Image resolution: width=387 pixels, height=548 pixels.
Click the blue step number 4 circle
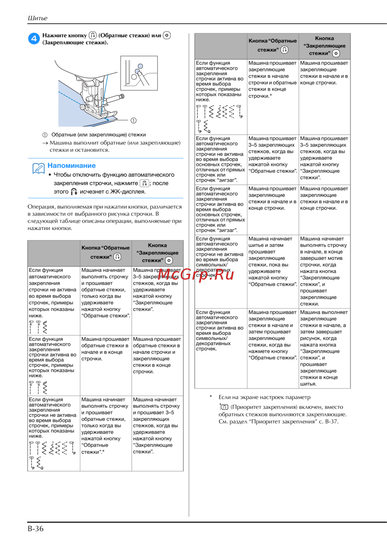tap(34, 38)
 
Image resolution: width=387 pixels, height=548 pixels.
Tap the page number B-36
tap(36, 529)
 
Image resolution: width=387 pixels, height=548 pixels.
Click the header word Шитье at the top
tap(38, 18)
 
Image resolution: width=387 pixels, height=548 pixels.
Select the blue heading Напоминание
tap(72, 165)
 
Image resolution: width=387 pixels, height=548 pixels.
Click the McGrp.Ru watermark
tap(196, 274)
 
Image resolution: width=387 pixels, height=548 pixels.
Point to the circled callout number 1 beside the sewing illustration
tap(134, 120)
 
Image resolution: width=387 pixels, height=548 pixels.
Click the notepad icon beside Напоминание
tap(38, 168)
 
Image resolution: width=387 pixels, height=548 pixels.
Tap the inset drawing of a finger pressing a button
tap(139, 73)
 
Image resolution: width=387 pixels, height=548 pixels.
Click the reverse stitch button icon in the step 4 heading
tap(92, 35)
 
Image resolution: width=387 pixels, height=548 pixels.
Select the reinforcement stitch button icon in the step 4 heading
tap(167, 35)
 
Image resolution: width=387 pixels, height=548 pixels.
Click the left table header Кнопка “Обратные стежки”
tap(105, 252)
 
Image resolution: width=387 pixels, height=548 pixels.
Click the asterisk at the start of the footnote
tap(211, 397)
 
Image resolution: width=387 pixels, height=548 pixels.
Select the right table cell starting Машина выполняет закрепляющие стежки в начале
tap(324, 348)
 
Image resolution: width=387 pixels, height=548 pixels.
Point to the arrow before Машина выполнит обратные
tap(45, 143)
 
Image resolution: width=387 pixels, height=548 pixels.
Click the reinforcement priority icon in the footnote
tap(224, 407)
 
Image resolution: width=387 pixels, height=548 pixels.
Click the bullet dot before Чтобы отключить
tap(50, 175)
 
